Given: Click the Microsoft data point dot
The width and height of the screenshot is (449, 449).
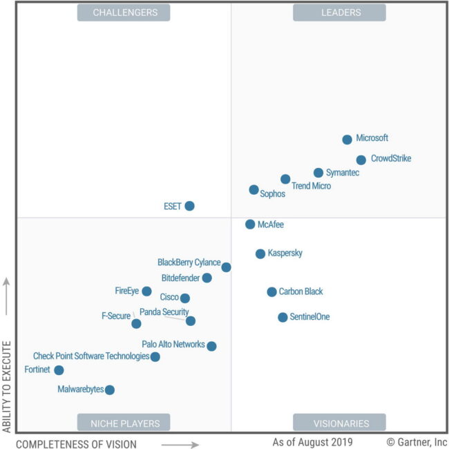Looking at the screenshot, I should click(347, 140).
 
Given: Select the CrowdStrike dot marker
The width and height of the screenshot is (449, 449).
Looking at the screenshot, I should click(361, 160).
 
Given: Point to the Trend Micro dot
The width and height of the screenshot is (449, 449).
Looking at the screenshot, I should click(285, 179).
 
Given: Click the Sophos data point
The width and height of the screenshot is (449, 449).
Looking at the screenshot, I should click(254, 190).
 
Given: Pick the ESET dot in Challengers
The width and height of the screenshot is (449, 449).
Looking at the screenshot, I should click(189, 206).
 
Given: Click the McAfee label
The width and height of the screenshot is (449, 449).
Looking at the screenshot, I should click(270, 224).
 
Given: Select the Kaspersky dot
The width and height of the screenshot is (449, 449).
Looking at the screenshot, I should click(260, 254).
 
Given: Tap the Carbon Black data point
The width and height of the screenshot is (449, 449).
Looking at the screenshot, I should click(271, 292).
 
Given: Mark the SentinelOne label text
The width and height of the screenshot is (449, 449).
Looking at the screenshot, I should click(309, 317).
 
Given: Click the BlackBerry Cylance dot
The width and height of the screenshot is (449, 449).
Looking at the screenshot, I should click(226, 267).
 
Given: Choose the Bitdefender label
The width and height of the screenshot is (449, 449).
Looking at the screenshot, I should click(180, 278).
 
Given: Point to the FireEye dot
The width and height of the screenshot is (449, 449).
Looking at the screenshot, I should click(146, 292).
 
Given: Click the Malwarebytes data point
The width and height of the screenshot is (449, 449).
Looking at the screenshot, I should click(109, 390).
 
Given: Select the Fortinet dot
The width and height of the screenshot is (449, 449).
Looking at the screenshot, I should click(59, 370).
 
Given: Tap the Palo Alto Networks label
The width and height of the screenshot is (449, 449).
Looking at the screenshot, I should click(173, 344).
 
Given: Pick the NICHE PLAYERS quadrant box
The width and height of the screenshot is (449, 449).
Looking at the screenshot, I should click(124, 423).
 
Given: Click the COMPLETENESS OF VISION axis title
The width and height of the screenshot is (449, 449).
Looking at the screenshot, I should click(76, 443).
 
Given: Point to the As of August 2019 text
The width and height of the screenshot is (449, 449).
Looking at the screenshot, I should click(312, 442).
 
